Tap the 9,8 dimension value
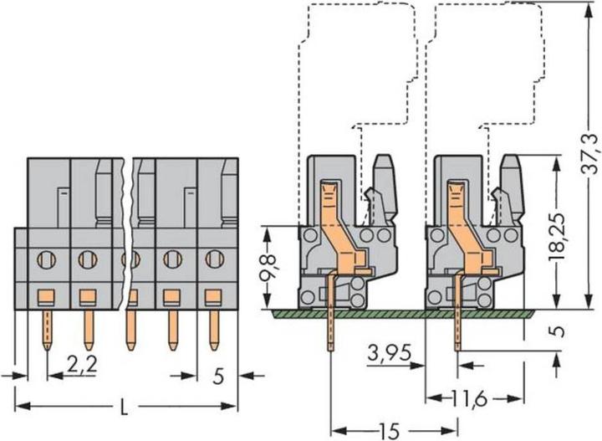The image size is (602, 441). point(268,268)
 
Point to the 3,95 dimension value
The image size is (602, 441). point(390,352)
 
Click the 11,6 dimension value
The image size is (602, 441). point(469,399)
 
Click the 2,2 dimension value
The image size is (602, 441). point(82,365)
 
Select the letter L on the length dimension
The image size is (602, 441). point(124,407)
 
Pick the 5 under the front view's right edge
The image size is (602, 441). point(218,377)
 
